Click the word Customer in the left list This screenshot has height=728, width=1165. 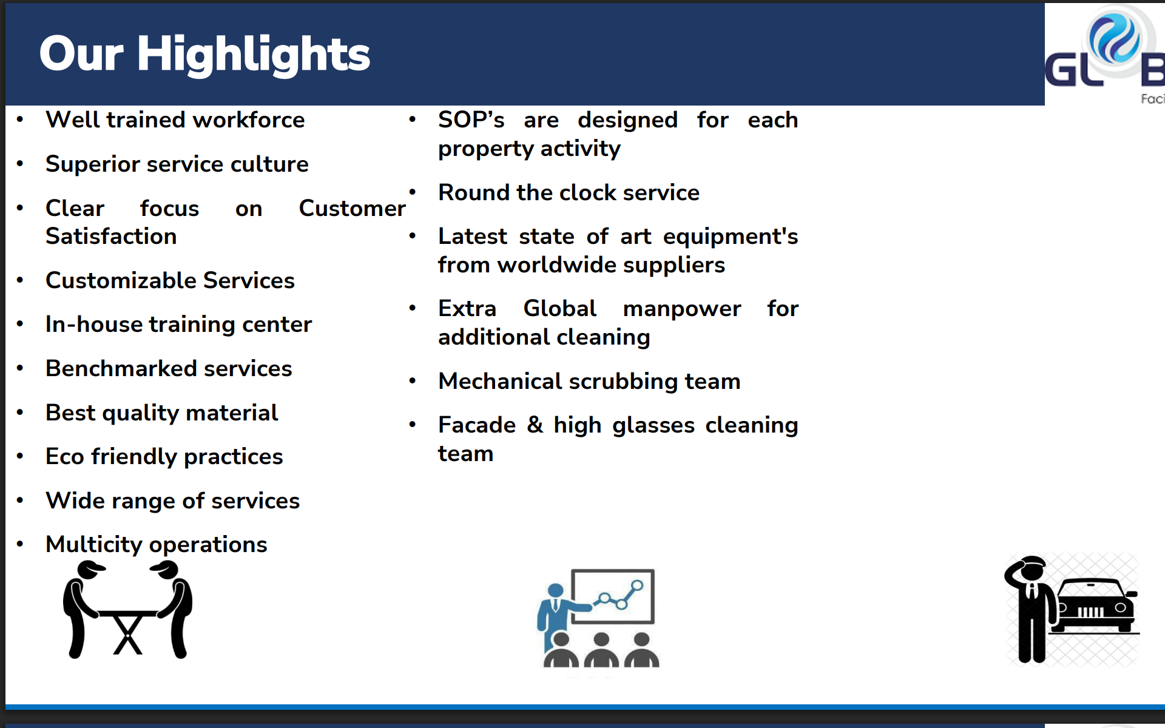[352, 208]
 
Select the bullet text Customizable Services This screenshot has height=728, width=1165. [170, 280]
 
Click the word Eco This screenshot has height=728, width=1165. [64, 456]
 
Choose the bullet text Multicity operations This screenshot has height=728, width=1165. [156, 545]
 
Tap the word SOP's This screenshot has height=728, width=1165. [471, 120]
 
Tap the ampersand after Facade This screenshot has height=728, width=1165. [535, 425]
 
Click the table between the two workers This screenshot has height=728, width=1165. [127, 631]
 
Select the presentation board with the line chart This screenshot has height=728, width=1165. [613, 596]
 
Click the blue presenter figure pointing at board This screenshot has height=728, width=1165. [557, 613]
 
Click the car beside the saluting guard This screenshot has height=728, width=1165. [1095, 607]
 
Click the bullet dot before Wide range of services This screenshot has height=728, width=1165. [20, 500]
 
